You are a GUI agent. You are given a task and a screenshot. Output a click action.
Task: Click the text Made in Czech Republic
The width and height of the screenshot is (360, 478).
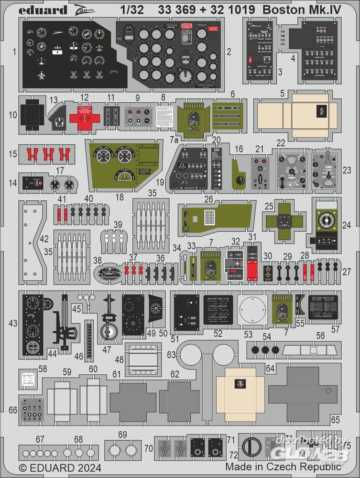284,466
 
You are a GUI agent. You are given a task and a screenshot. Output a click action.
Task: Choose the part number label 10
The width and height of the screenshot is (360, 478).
13,115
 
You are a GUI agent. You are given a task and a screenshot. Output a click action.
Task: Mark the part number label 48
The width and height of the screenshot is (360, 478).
119,359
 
